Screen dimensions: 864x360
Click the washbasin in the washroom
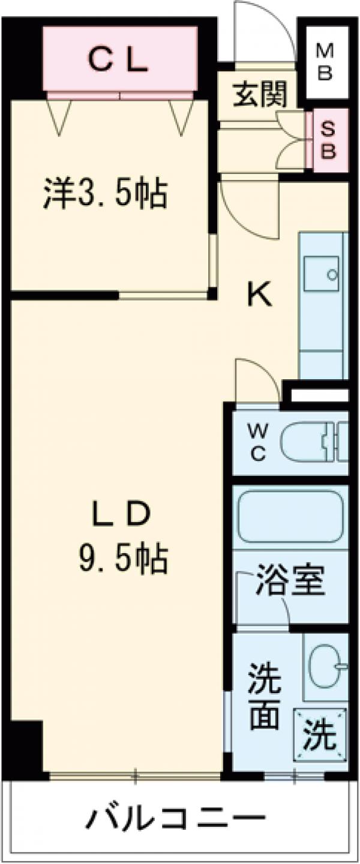(326, 666)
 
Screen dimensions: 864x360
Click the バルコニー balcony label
(177, 819)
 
